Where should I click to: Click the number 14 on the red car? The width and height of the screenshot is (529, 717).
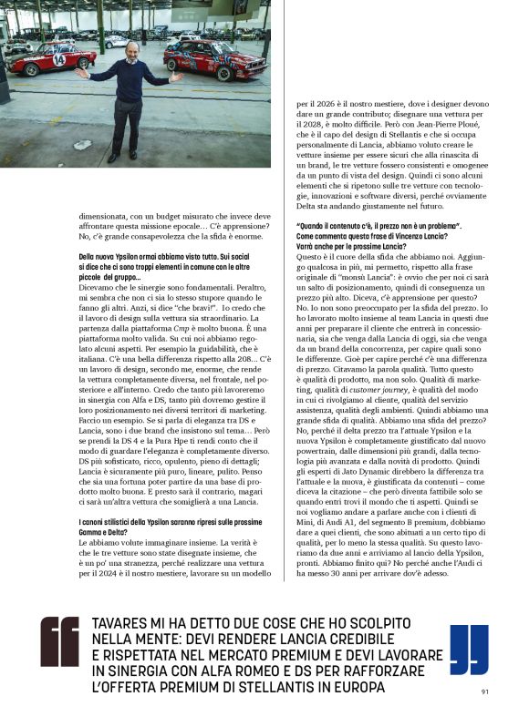click(x=59, y=59)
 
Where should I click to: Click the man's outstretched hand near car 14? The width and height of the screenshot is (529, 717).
click(x=81, y=71)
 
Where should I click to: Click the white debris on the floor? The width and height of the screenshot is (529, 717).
click(x=82, y=144)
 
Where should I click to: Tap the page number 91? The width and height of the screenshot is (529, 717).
click(x=485, y=691)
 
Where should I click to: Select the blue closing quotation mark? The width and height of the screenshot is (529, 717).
click(x=469, y=649)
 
